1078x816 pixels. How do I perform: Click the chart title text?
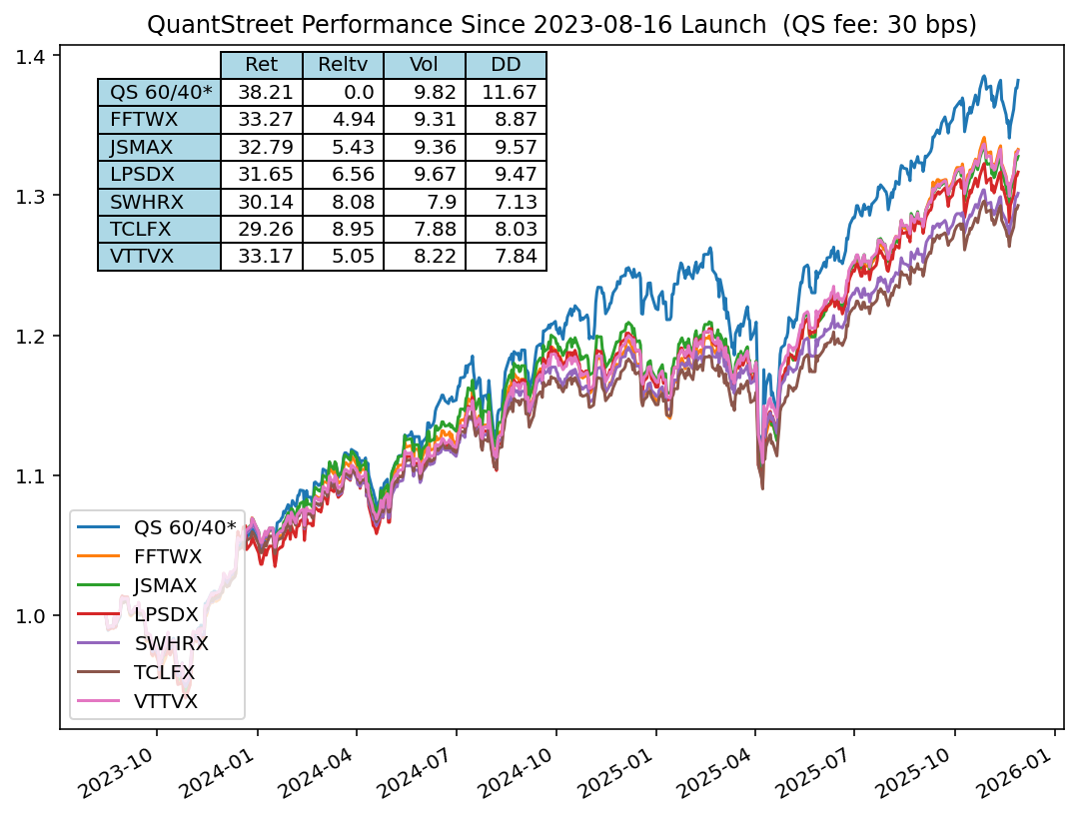[x=560, y=24]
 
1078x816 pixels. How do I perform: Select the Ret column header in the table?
[x=261, y=65]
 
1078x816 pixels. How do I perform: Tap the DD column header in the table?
[x=506, y=65]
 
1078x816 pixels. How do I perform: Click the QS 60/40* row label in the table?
[x=160, y=92]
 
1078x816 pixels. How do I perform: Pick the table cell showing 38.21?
[x=261, y=92]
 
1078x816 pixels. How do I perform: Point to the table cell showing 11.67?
[x=506, y=92]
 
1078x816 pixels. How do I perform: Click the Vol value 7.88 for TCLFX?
[x=425, y=229]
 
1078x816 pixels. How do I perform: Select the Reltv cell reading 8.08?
[x=343, y=202]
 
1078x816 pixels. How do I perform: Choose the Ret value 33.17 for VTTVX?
[x=261, y=257]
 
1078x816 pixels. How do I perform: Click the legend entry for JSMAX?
[x=165, y=584]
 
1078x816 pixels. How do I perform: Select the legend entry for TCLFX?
[x=164, y=671]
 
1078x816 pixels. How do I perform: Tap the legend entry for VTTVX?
[x=165, y=700]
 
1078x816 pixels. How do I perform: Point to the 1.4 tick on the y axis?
[x=38, y=57]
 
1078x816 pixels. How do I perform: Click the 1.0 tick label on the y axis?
[x=38, y=615]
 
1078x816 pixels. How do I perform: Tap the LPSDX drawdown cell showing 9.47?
[x=506, y=174]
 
